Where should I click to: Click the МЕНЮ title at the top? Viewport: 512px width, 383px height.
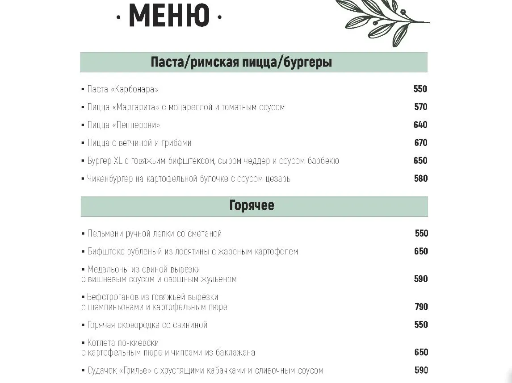point(169,16)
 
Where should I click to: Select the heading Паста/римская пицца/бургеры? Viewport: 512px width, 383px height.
point(241,62)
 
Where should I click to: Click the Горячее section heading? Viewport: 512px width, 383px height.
point(252,205)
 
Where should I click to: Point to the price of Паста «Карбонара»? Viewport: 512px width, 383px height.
point(420,89)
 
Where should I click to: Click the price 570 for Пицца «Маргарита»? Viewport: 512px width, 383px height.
point(420,107)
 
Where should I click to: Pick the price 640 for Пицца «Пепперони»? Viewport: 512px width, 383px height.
point(420,125)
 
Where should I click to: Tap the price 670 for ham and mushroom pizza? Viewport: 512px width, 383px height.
point(420,143)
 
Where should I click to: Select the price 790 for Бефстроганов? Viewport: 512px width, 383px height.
point(421,307)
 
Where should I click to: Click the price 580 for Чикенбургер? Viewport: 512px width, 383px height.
point(420,179)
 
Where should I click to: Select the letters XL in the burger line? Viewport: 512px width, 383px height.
point(118,161)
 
